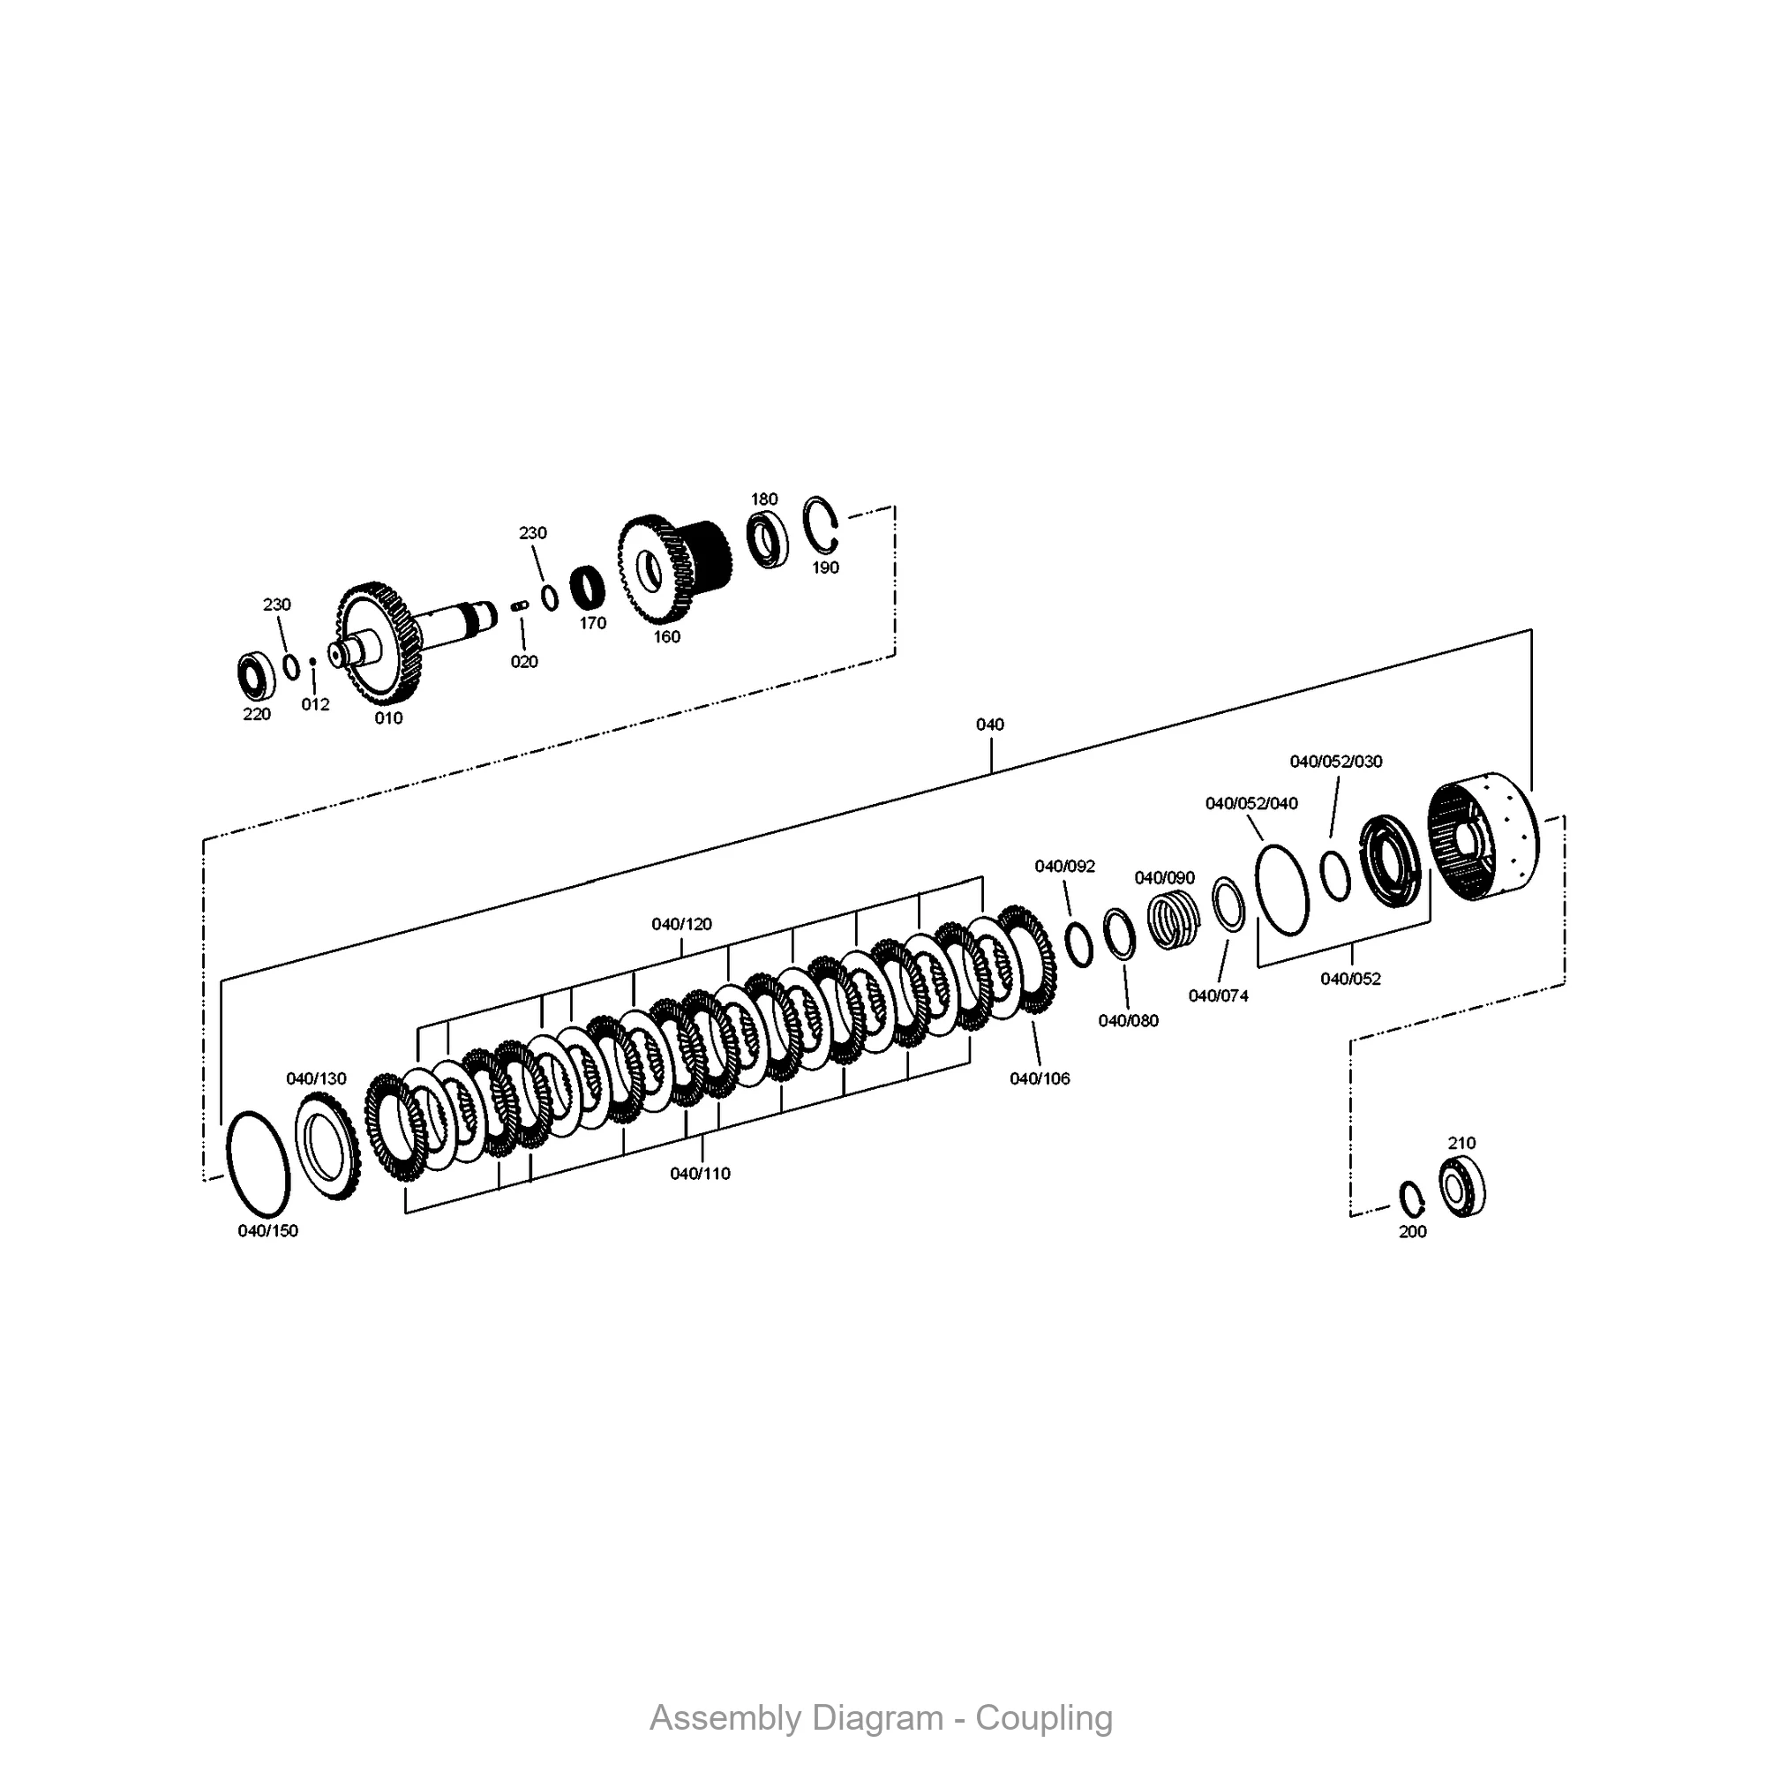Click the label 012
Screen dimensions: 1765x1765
(315, 704)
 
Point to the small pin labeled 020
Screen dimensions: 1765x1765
(520, 605)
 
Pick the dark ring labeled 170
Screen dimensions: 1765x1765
(588, 589)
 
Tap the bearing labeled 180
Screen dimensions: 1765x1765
(767, 539)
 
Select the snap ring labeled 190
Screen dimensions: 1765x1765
(820, 524)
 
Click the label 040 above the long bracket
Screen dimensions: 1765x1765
(989, 725)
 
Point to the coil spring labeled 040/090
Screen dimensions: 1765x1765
(1173, 920)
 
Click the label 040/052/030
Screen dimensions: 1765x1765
(1335, 761)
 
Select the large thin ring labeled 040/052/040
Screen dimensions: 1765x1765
(1281, 890)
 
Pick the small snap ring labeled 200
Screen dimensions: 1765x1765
(1412, 1199)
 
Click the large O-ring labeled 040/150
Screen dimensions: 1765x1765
(258, 1165)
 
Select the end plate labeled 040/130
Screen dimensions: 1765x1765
(327, 1145)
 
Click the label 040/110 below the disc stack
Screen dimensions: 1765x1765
(700, 1174)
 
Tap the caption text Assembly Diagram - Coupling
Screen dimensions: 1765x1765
(881, 1718)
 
